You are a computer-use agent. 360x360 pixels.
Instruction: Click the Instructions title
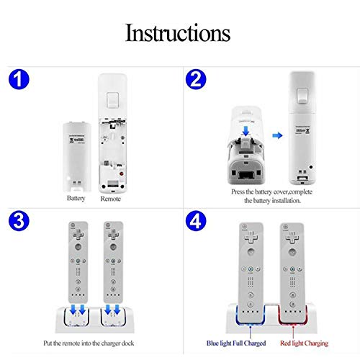click(x=178, y=32)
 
